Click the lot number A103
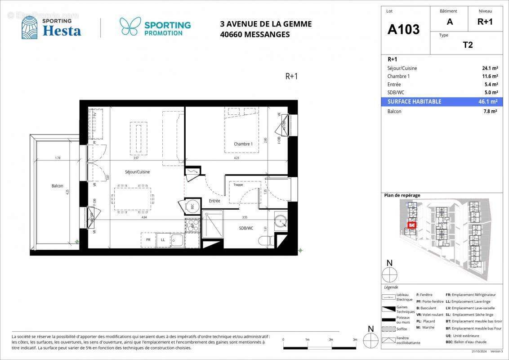[x=403, y=29]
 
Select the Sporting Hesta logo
[x=51, y=27]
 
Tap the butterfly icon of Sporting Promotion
[x=130, y=27]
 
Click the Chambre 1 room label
[x=243, y=144]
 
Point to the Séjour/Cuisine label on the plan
[x=137, y=172]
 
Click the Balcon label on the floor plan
[x=57, y=186]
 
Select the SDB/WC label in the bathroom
[x=246, y=228]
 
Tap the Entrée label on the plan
[x=214, y=201]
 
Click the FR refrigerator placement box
[x=148, y=240]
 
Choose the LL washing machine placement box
[x=163, y=240]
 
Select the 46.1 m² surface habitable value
[x=487, y=102]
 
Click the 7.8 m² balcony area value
[x=490, y=111]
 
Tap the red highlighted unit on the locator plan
[x=411, y=225]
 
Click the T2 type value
[x=468, y=45]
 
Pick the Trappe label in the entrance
[x=238, y=184]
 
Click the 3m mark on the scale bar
[x=355, y=340]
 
